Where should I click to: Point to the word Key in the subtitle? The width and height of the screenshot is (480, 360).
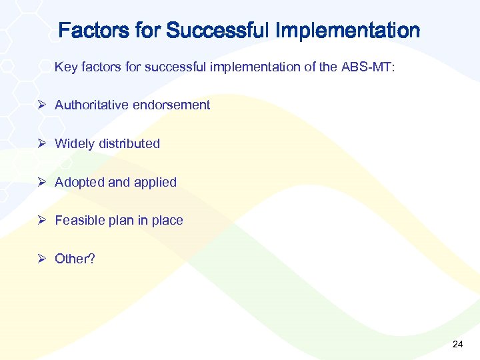(65, 67)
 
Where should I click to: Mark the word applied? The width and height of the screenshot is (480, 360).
(155, 182)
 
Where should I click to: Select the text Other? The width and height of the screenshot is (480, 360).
(75, 259)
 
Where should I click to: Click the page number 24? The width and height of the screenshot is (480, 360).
(457, 344)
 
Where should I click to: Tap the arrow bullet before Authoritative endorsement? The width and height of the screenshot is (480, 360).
(41, 105)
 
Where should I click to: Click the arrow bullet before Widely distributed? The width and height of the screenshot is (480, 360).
(41, 143)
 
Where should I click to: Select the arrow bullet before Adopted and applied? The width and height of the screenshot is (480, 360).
(41, 182)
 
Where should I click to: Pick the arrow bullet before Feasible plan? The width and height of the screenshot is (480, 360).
(41, 220)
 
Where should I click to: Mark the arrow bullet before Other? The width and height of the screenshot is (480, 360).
(41, 259)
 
